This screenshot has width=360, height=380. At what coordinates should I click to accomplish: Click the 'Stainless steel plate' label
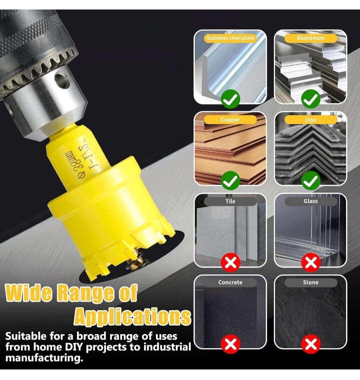(x=230, y=38)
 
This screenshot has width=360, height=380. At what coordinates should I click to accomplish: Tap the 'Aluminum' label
(x=311, y=38)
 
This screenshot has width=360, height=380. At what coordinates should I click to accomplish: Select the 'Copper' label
(x=230, y=120)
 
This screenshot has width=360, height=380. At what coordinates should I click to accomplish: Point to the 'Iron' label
(x=311, y=120)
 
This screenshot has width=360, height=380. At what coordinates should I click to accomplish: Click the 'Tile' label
(x=230, y=201)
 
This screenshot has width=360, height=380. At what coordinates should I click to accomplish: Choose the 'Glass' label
(x=311, y=201)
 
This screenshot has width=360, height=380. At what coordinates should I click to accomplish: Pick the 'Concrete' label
(x=230, y=282)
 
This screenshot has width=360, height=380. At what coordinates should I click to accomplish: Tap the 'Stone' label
(x=311, y=282)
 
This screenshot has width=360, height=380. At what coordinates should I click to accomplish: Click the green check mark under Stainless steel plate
(x=231, y=99)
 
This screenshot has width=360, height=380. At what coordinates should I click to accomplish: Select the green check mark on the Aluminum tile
(x=311, y=99)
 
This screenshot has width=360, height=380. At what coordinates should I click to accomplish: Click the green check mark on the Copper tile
(x=231, y=181)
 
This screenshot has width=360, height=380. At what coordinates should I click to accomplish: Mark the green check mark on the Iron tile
(x=311, y=181)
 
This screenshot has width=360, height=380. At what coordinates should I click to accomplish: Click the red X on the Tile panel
(x=231, y=262)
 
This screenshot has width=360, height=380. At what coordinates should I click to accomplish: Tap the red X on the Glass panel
(x=311, y=262)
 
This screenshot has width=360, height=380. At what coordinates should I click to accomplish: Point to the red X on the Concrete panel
(x=231, y=344)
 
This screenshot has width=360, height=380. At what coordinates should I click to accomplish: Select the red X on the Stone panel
(x=311, y=344)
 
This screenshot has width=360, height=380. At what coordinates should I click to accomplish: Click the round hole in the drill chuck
(x=62, y=80)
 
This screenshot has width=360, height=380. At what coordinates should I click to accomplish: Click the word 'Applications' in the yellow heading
(x=132, y=317)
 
